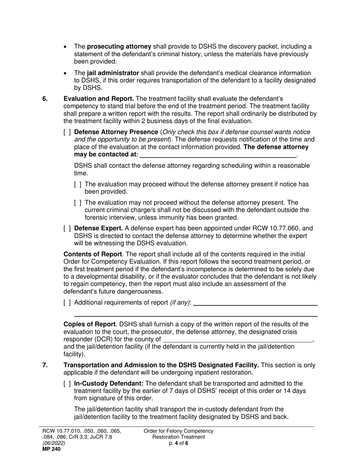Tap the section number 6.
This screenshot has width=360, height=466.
pyautogui.click(x=45, y=99)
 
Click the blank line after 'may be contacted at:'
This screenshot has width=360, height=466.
pyautogui.click(x=218, y=155)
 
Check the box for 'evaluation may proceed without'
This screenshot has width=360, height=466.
pyautogui.click(x=78, y=185)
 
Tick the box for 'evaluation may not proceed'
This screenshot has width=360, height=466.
pyautogui.click(x=78, y=203)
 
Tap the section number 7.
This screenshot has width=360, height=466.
pyautogui.click(x=45, y=365)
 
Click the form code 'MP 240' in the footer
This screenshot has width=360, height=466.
pyautogui.click(x=51, y=449)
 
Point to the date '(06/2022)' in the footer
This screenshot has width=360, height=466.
pyautogui.click(x=53, y=443)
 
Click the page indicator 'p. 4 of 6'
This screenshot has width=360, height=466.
pyautogui.click(x=178, y=443)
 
